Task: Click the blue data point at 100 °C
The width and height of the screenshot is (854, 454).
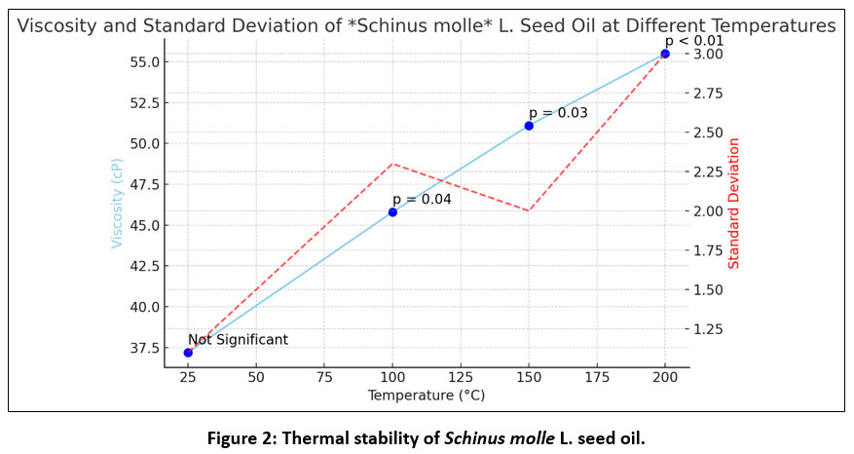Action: [392, 211]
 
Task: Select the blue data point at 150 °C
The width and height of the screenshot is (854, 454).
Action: [529, 126]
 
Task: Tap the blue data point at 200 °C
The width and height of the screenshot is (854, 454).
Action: [665, 54]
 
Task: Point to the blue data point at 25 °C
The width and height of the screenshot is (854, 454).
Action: [188, 353]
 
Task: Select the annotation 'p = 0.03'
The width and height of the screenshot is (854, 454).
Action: [558, 113]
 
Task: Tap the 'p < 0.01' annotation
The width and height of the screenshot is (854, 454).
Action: [694, 40]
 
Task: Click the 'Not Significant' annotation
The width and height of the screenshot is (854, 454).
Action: [239, 340]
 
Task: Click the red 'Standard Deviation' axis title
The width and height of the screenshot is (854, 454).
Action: [734, 204]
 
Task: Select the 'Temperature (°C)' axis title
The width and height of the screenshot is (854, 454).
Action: [426, 396]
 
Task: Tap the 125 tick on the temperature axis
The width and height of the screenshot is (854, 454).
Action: [461, 376]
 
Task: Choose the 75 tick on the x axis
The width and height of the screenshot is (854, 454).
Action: [324, 376]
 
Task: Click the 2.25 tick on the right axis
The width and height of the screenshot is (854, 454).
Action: [711, 171]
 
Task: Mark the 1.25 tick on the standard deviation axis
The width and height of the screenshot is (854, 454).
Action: [711, 328]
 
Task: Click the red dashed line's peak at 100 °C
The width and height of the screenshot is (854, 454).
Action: [392, 164]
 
